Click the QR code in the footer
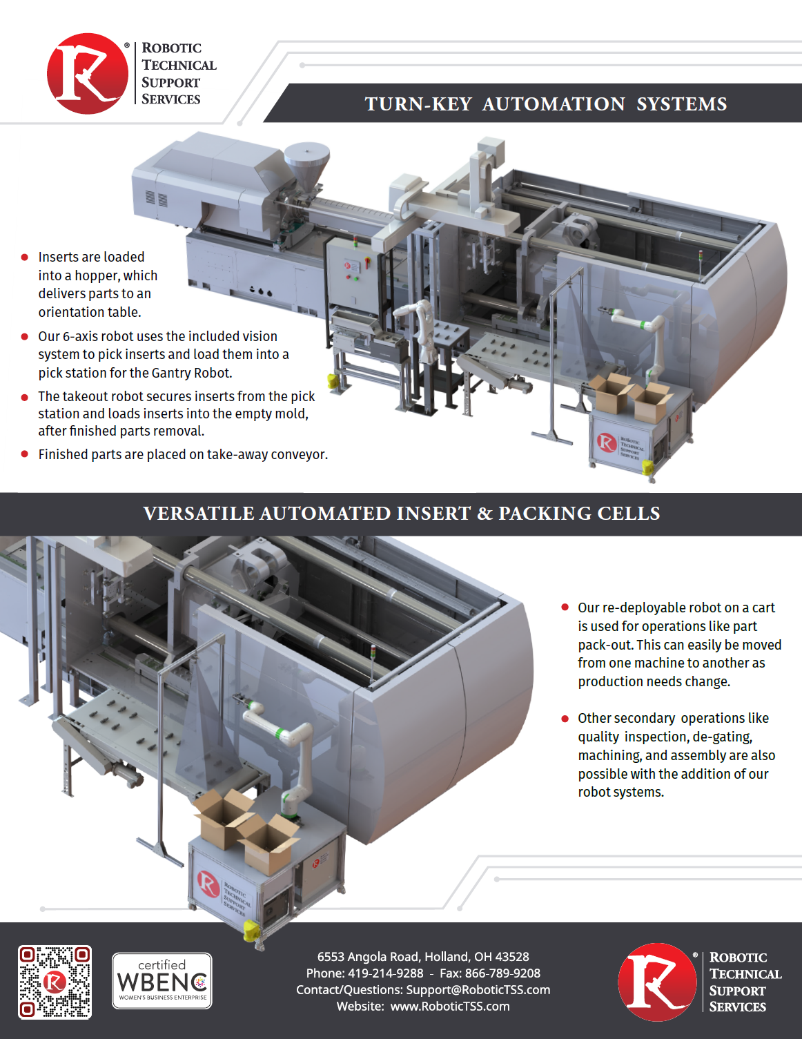coord(55,982)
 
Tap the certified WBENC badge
coord(162,981)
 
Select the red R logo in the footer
coord(657,982)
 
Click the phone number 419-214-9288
coord(385,973)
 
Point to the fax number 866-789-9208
coord(502,973)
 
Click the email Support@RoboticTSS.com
coord(478,990)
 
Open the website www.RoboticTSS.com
coord(450,1007)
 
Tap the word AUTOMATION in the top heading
coord(554,104)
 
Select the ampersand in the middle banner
coord(485,514)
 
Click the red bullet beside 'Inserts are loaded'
coord(25,258)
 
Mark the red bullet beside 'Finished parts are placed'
coord(25,454)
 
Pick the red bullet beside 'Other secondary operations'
coord(565,719)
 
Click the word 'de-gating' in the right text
coord(722,737)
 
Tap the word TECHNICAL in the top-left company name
coord(179,65)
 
